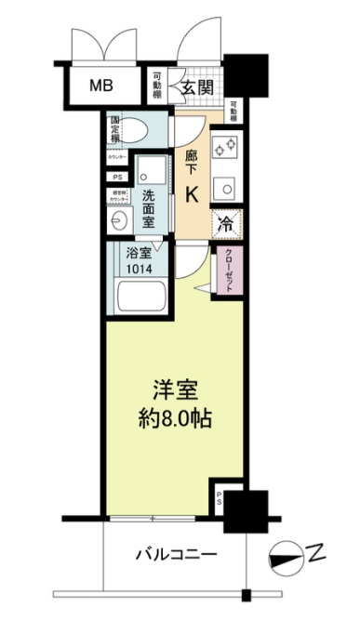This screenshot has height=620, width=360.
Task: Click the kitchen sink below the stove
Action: click(x=226, y=189)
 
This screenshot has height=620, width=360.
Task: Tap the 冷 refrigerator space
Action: click(x=227, y=223)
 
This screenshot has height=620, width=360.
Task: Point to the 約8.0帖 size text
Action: click(x=175, y=419)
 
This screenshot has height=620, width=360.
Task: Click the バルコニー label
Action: click(x=178, y=555)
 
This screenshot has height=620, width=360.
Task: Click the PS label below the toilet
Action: click(x=117, y=177)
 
